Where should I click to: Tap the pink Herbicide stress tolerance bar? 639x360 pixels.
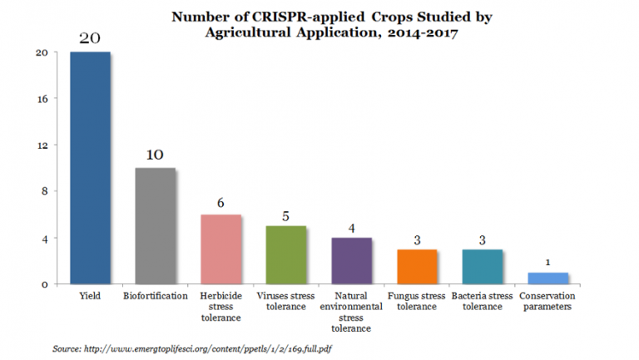pyautogui.click(x=220, y=249)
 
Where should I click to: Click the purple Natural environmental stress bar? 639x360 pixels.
pyautogui.click(x=351, y=261)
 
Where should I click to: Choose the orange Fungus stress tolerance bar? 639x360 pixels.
pyautogui.click(x=417, y=267)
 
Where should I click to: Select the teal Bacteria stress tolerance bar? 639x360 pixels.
pyautogui.click(x=482, y=267)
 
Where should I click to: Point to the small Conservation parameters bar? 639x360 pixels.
pyautogui.click(x=547, y=279)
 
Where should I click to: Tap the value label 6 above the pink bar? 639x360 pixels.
pyautogui.click(x=220, y=203)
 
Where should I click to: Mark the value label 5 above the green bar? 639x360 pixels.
pyautogui.click(x=285, y=215)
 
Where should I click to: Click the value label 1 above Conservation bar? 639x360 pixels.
pyautogui.click(x=547, y=263)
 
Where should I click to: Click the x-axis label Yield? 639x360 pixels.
pyautogui.click(x=90, y=296)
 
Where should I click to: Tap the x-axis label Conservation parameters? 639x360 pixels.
pyautogui.click(x=547, y=301)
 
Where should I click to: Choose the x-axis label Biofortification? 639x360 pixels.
pyautogui.click(x=155, y=296)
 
